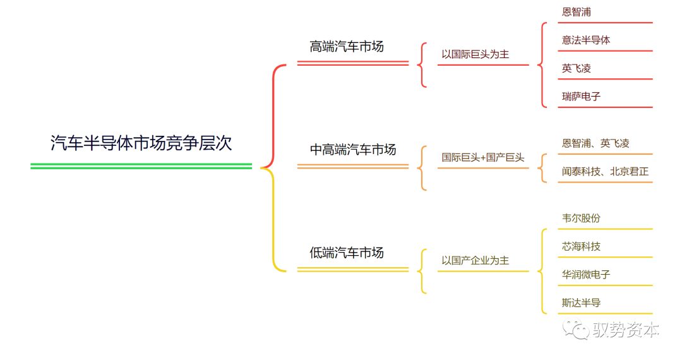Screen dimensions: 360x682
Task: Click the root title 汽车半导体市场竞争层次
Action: click(x=141, y=143)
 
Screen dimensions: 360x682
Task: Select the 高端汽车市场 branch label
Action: click(x=347, y=47)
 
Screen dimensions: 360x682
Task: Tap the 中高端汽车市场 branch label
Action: click(x=353, y=150)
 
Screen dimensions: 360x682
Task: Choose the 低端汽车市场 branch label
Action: click(x=347, y=253)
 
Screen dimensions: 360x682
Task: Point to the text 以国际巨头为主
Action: click(x=475, y=54)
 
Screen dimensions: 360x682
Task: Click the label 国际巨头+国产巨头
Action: click(x=483, y=157)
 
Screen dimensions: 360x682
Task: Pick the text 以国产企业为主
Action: click(x=475, y=260)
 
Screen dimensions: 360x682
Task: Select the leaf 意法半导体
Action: click(x=586, y=40)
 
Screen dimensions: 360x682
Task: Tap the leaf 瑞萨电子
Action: click(x=581, y=97)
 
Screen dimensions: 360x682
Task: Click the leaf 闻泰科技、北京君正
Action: click(x=605, y=171)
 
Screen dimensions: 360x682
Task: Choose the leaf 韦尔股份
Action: click(x=581, y=218)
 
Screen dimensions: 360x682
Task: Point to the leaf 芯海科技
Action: click(x=581, y=246)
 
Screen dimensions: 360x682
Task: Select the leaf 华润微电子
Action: click(x=586, y=275)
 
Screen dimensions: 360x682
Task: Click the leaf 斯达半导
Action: click(x=581, y=303)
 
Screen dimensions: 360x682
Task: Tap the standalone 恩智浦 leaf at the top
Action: click(x=577, y=12)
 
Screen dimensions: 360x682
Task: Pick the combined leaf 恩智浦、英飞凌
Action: click(x=595, y=143)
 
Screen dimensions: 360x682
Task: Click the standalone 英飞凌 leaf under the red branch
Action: click(x=577, y=68)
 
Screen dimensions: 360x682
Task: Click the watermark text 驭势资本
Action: click(x=625, y=330)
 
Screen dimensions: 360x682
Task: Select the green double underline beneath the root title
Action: click(x=141, y=166)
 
